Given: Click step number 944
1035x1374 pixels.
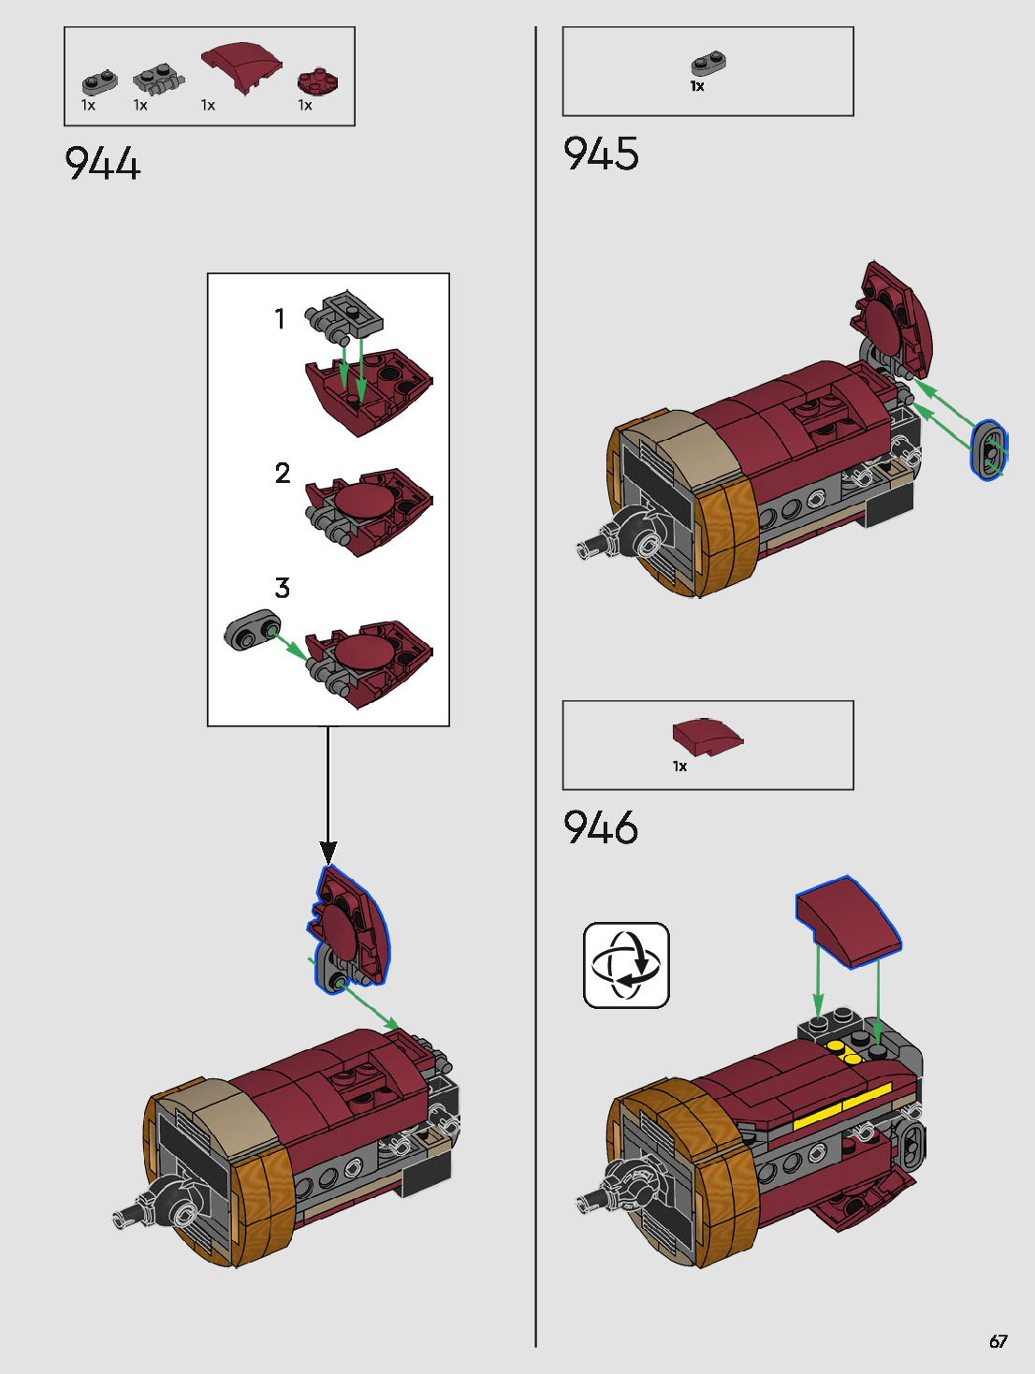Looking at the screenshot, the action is tap(103, 164).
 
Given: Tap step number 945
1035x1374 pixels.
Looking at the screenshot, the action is tap(601, 153).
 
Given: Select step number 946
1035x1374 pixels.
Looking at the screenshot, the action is tap(601, 827).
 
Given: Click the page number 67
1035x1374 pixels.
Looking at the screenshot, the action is tap(999, 1341).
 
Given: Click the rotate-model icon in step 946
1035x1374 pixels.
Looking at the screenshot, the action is tap(626, 965).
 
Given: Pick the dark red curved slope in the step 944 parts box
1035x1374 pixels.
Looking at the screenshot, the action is tap(241, 66).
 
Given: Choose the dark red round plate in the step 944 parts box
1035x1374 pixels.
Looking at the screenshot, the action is tap(318, 82).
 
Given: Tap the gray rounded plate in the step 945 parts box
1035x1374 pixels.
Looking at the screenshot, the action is tap(709, 64).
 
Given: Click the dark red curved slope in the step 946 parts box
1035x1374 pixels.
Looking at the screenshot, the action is tap(707, 736).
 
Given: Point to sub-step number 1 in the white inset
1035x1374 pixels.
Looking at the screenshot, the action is tap(280, 319).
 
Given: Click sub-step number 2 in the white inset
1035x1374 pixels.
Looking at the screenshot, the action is tap(283, 474).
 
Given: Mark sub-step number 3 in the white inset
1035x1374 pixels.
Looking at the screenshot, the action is tap(283, 588).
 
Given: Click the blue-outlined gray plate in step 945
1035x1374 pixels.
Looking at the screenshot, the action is tap(988, 451).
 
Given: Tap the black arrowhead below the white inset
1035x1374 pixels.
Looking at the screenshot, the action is tap(328, 852).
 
